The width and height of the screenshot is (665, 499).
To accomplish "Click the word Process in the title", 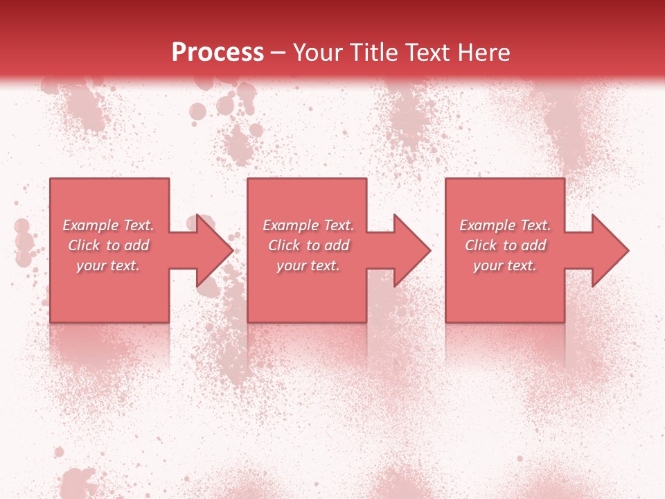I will point(218,53).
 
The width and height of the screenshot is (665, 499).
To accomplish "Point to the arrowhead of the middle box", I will point(411,250).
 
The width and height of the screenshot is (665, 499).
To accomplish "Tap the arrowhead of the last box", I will point(610,250).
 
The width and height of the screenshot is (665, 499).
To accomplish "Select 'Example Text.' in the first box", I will point(108,225).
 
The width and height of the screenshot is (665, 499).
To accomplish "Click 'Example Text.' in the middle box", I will point(308,225).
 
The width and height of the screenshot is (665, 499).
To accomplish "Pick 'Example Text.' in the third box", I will point(505,225).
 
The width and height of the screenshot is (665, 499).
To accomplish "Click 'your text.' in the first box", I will point(108,265).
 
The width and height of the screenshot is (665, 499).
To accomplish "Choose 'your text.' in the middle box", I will point(308,265).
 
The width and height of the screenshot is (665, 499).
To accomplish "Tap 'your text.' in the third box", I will point(505,265).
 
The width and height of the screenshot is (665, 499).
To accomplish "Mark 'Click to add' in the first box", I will point(108,245).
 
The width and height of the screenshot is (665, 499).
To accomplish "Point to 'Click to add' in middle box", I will point(308,245).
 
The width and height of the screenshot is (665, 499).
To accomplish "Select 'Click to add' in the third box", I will point(505,245).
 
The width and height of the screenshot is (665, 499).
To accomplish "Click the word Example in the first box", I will point(90,225).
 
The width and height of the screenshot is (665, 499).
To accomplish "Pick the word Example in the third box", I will point(487,225).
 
